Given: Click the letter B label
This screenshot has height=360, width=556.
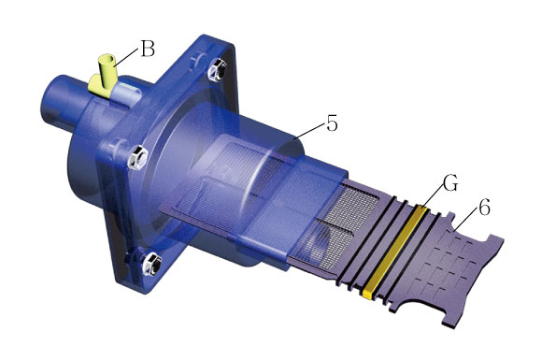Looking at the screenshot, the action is pyautogui.click(x=148, y=49).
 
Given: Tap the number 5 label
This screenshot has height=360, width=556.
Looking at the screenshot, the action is pyautogui.click(x=332, y=123).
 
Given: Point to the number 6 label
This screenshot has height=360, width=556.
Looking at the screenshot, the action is pyautogui.click(x=484, y=208).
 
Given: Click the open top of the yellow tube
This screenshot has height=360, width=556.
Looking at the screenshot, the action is pyautogui.click(x=106, y=58).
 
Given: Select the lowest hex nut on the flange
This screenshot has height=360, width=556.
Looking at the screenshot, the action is pyautogui.click(x=152, y=264).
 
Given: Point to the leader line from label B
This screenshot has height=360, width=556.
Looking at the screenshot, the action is pyautogui.click(x=126, y=57).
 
